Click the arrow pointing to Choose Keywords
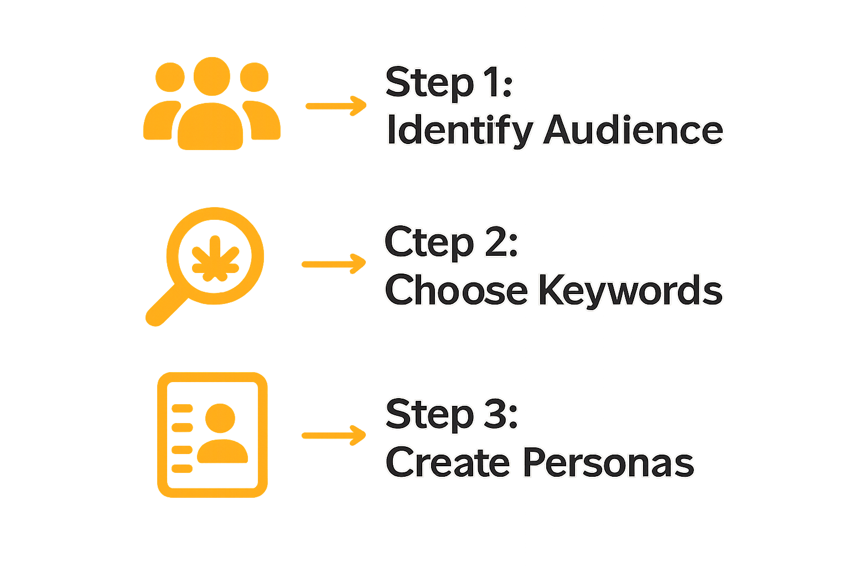(x=334, y=265)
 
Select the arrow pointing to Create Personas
(x=334, y=435)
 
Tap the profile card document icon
(x=212, y=435)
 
